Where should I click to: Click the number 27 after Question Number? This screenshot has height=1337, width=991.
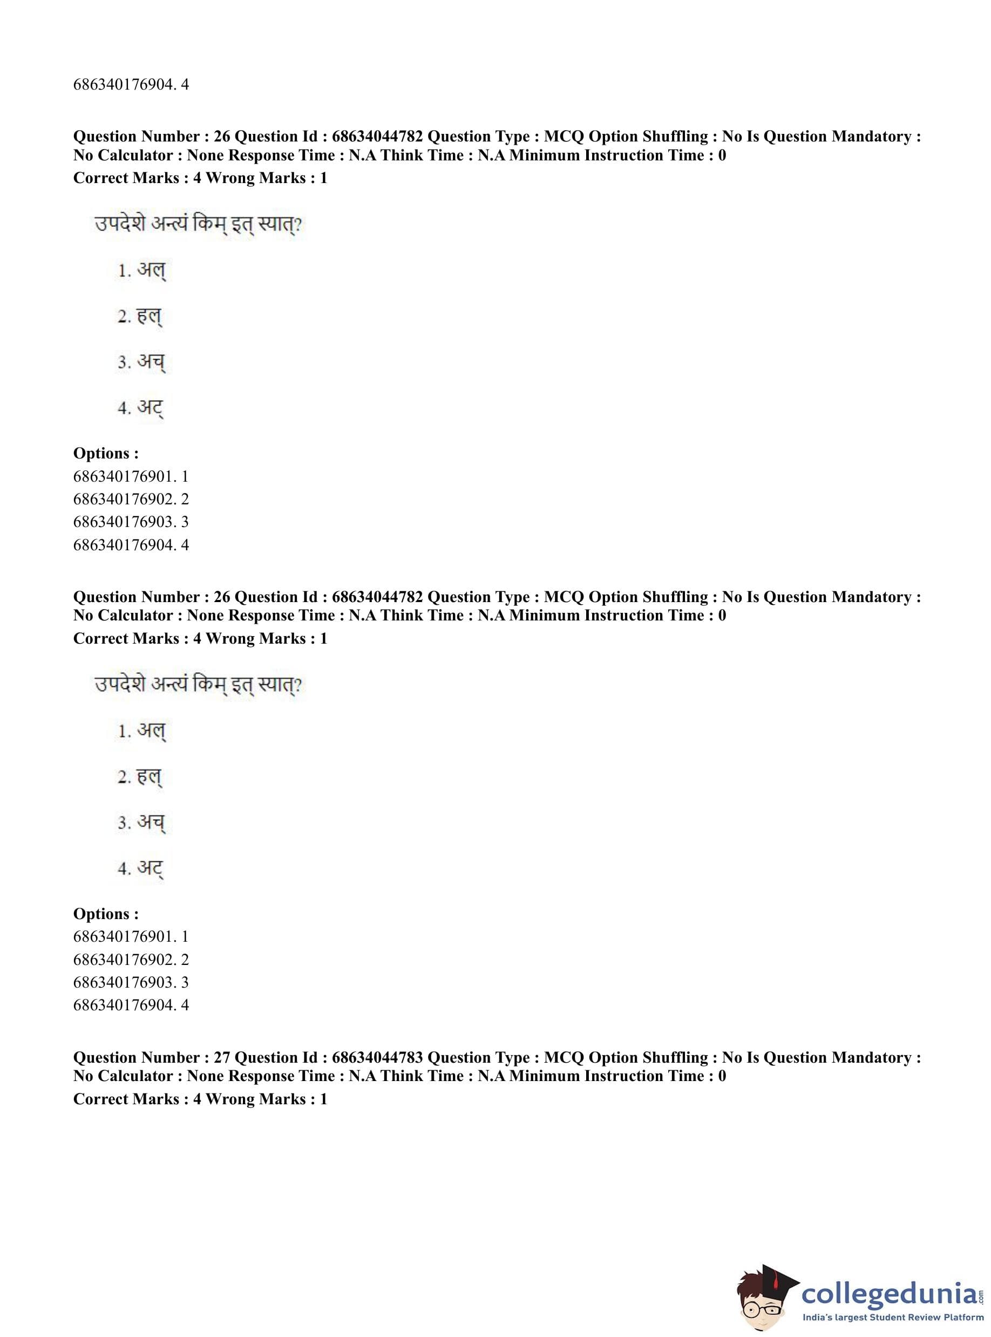[222, 1057]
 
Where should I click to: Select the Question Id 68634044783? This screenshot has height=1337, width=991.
[377, 1057]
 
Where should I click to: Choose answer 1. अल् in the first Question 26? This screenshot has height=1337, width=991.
[141, 271]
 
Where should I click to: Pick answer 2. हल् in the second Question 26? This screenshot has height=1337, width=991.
[140, 777]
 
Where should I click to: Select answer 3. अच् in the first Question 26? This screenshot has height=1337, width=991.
[141, 362]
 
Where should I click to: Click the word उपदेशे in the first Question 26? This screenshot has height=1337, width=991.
[120, 225]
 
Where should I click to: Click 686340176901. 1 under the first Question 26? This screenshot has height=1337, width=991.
[131, 476]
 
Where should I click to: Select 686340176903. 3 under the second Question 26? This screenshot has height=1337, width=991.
[131, 982]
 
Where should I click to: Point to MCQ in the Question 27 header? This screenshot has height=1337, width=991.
[564, 1057]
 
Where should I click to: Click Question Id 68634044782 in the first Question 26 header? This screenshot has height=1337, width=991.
[377, 136]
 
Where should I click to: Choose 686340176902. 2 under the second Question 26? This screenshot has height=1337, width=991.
[131, 960]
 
